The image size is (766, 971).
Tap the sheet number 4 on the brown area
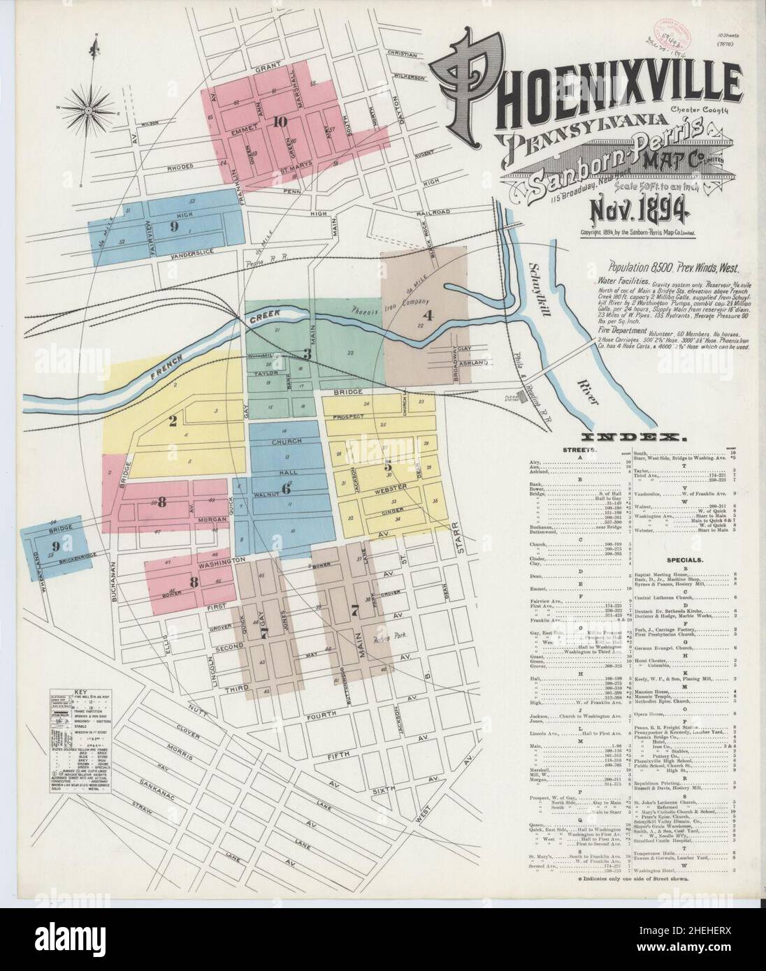point(428,315)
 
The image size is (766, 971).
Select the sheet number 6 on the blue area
point(286,488)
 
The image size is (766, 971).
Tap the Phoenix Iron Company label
point(382,308)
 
